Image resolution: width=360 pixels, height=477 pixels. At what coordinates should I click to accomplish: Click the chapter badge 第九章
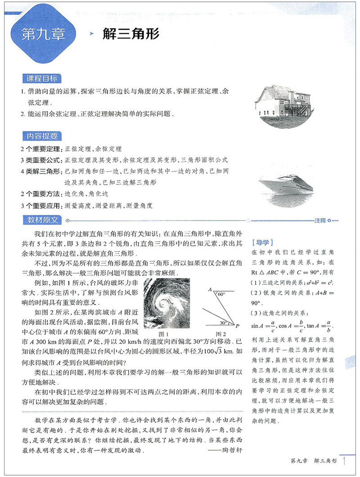(x=44, y=35)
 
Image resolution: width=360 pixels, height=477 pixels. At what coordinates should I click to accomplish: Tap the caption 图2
(x=220, y=334)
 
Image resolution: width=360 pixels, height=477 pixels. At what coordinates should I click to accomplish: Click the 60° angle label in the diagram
(x=220, y=294)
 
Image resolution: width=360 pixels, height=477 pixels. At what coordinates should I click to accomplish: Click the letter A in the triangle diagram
(x=210, y=290)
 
